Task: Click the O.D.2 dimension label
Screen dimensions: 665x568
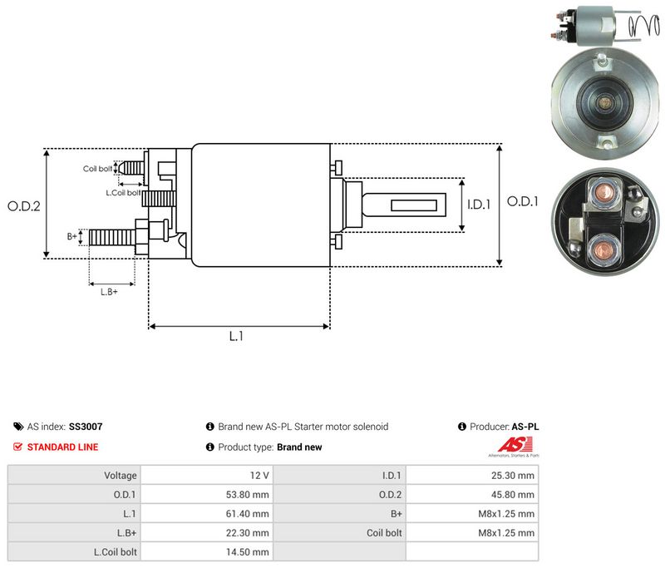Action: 24,206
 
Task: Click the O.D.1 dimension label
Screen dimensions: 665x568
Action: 523,201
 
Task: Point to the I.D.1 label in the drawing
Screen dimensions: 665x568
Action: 479,205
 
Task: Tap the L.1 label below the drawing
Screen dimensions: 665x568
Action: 236,336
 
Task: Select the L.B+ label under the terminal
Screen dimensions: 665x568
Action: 109,292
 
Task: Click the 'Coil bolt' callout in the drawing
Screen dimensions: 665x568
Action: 97,169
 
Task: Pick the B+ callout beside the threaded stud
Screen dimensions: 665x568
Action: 72,236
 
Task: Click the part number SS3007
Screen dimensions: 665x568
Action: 86,427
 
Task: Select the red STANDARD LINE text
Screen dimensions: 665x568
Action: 63,447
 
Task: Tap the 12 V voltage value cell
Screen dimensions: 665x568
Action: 259,476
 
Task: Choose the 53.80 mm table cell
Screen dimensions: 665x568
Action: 247,495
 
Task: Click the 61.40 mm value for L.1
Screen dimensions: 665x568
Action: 247,514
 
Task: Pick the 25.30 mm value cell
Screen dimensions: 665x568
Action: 513,476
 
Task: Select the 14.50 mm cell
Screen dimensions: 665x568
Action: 247,552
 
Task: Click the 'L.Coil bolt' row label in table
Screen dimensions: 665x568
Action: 116,552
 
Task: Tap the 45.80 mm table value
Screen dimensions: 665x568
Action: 513,495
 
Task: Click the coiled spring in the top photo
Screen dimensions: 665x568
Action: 644,27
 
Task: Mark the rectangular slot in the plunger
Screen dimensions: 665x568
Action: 413,205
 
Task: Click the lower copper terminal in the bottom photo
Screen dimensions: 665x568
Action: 600,249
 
